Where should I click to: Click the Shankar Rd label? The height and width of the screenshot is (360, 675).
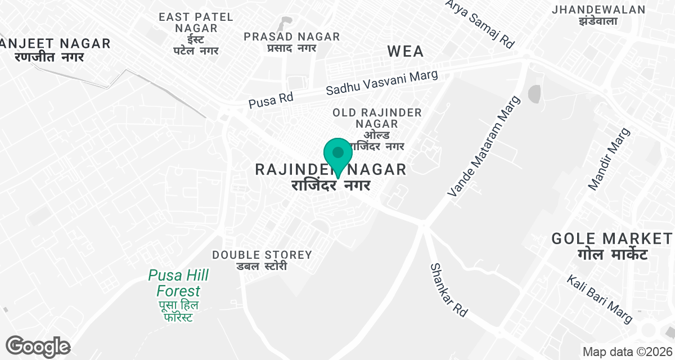point(449,290)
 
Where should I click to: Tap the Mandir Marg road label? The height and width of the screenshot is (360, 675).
point(610,159)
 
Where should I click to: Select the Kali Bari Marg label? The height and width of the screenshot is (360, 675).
point(600,299)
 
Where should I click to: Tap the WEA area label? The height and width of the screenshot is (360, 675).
point(406,51)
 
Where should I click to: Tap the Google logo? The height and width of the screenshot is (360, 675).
point(38,346)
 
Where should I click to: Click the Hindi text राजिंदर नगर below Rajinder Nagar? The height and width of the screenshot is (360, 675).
point(332,186)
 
